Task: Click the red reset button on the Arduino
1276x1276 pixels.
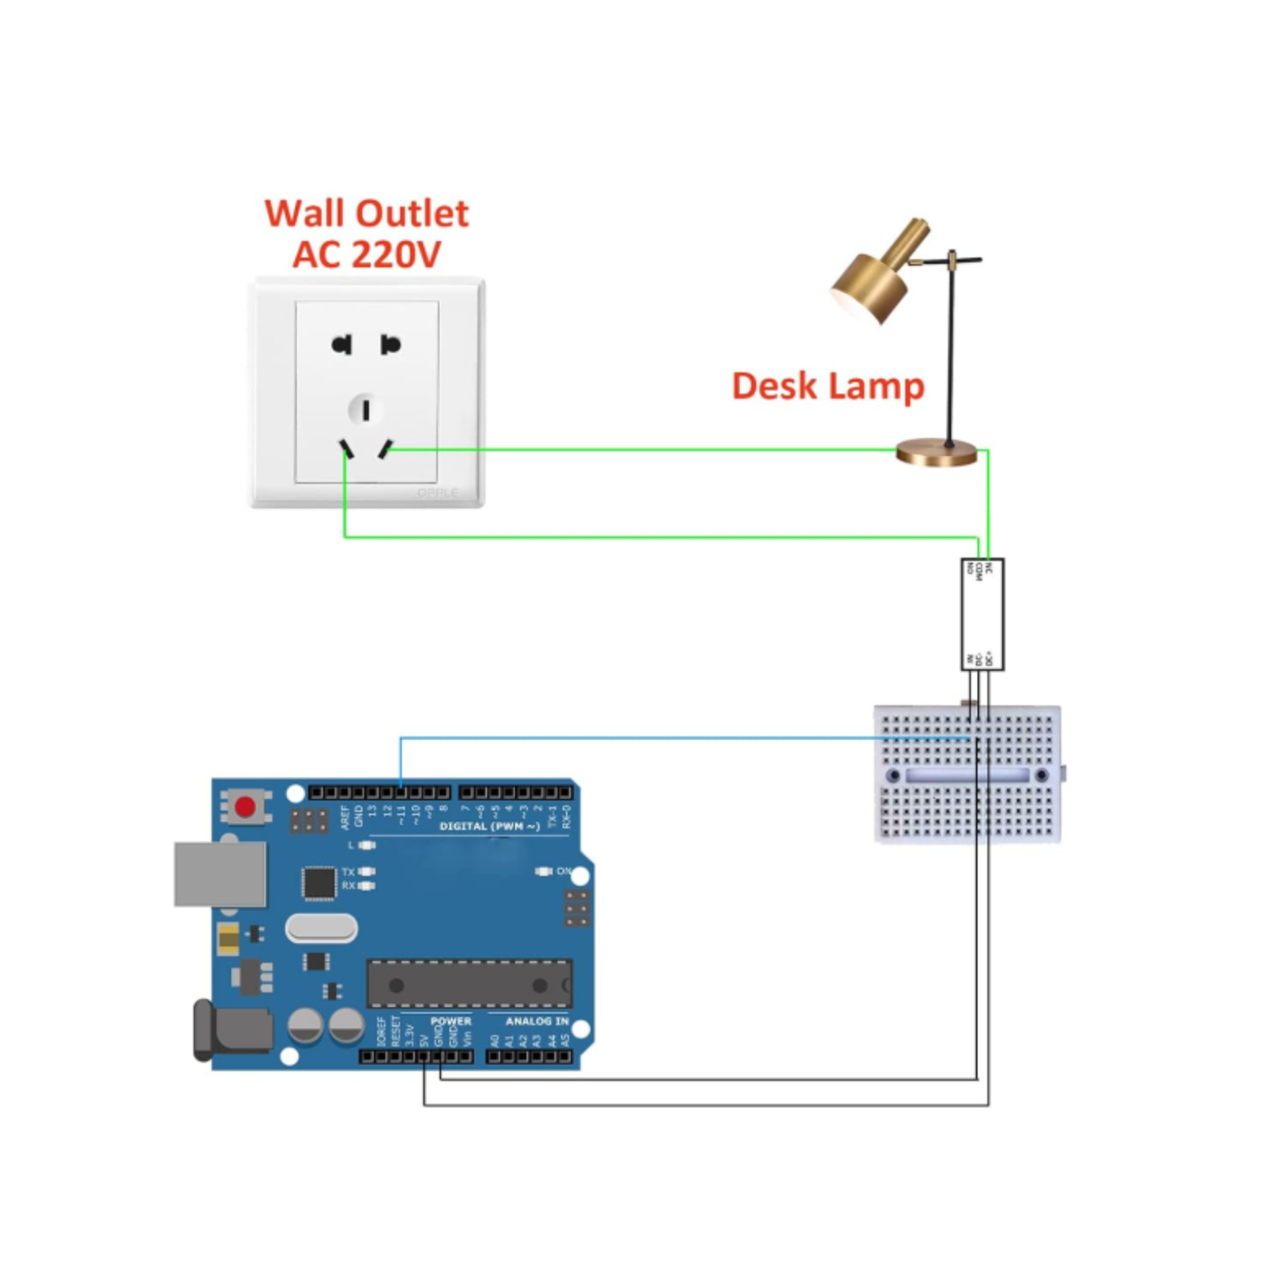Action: click(245, 806)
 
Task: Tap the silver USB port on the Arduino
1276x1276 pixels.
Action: click(220, 874)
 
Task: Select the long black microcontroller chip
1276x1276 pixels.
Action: click(468, 984)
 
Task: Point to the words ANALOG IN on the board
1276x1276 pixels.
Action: click(536, 1021)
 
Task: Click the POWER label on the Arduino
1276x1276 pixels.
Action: click(450, 1021)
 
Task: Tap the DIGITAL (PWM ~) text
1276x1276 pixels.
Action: click(489, 827)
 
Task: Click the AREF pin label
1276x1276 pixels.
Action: click(345, 817)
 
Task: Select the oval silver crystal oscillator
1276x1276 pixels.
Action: click(321, 928)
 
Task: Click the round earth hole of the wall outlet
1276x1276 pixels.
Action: click(366, 410)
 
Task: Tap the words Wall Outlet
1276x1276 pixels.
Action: click(366, 214)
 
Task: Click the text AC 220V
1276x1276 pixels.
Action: click(366, 255)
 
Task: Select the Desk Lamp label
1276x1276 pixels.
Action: click(827, 386)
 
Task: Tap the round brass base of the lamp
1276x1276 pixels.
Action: click(937, 453)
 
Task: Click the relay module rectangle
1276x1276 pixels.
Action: click(982, 615)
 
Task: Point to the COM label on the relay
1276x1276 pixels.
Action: click(979, 571)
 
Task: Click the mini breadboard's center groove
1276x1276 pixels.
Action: click(967, 775)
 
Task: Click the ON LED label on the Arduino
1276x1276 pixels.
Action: click(562, 872)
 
